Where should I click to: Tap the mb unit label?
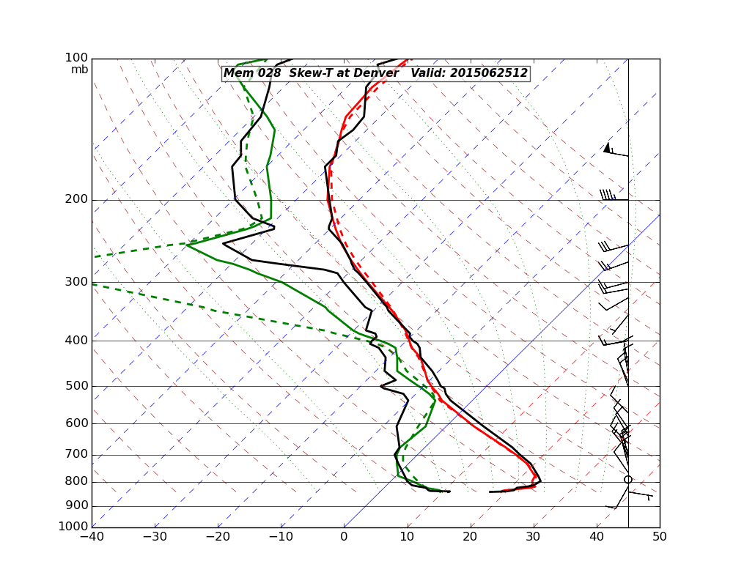click(79, 70)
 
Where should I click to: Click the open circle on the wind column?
click(628, 480)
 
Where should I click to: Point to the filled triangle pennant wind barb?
click(607, 147)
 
